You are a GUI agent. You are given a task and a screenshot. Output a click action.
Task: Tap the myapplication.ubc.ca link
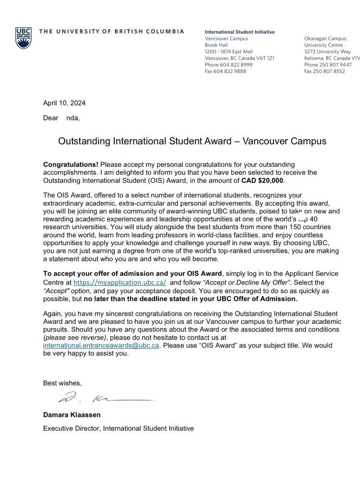point(120,284)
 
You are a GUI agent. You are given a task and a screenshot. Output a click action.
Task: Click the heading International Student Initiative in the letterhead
point(240,32)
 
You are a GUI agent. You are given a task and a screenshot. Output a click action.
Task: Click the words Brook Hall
point(217,44)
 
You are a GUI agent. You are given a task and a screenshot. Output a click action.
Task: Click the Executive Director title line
point(119,428)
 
